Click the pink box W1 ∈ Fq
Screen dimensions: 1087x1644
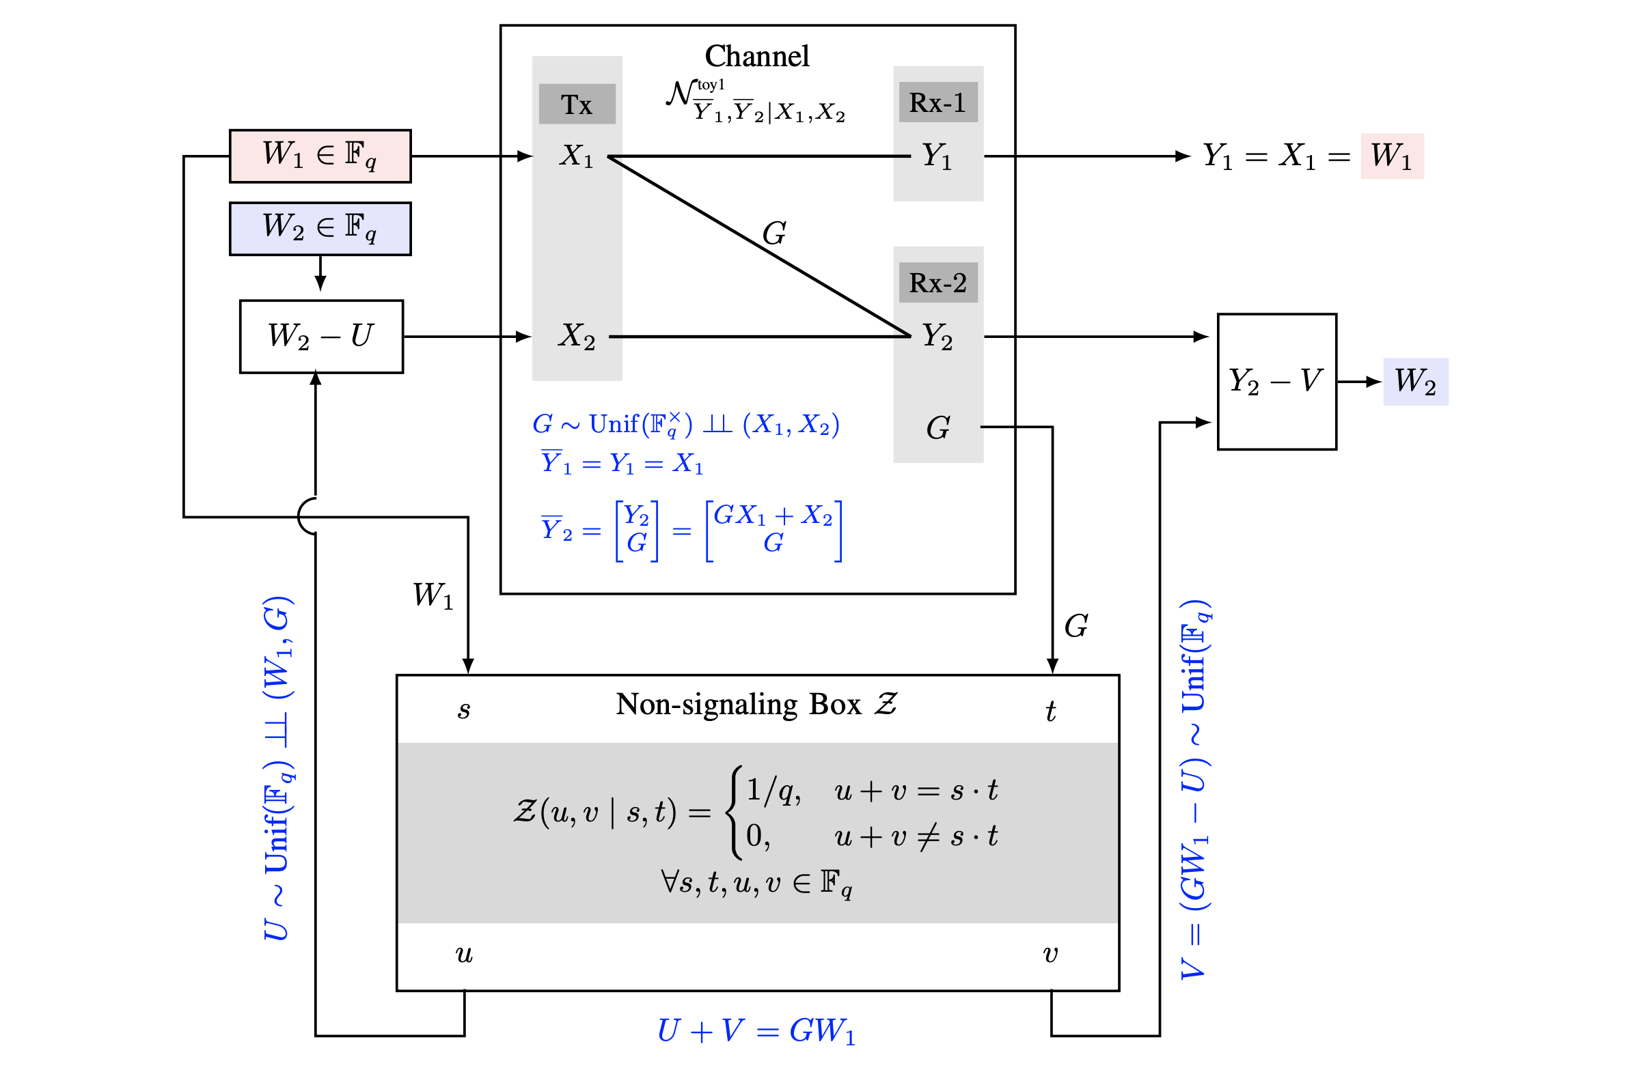pos(320,156)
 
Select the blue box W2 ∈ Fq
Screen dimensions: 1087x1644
pos(320,229)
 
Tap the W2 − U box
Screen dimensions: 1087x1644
pos(321,337)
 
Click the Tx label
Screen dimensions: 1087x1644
pos(577,104)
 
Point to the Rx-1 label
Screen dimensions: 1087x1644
pos(937,102)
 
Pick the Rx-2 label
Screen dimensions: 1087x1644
pos(937,283)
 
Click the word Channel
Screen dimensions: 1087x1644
pos(757,56)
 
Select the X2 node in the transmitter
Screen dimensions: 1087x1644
pos(577,337)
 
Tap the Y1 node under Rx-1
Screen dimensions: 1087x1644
pos(937,156)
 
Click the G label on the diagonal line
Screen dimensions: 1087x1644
pos(774,234)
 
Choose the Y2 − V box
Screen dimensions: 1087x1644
pos(1276,381)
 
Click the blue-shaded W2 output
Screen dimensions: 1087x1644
pos(1415,381)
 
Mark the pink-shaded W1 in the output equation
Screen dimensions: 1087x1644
pos(1391,156)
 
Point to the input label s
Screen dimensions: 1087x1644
pos(464,710)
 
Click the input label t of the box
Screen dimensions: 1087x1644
pos(1050,711)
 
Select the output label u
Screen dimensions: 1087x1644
pos(464,955)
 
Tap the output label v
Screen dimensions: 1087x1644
pos(1050,955)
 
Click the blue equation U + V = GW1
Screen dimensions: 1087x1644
pos(756,1031)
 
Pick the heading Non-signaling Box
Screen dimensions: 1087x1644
pos(738,705)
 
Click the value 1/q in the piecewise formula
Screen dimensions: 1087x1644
pos(773,790)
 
